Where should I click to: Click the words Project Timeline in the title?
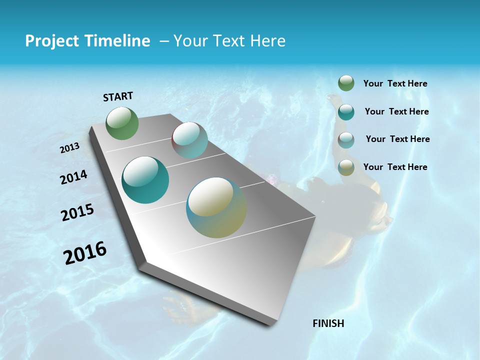click(87, 41)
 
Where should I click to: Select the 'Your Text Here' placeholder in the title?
click(229, 41)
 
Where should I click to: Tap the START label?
click(118, 96)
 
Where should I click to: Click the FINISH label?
click(328, 323)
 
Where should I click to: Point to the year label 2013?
click(70, 148)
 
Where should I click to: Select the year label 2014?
click(74, 177)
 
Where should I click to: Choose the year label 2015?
click(77, 212)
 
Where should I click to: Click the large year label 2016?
click(85, 253)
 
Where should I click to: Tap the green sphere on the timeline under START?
click(122, 123)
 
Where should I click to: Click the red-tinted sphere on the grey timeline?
click(189, 140)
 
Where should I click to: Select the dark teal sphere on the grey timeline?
click(145, 180)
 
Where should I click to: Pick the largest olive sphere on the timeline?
click(216, 207)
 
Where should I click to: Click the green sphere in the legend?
click(346, 83)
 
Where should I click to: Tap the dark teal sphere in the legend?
click(346, 112)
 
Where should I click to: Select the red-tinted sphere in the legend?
click(346, 140)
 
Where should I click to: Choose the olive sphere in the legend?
click(346, 168)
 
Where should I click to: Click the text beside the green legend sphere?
click(395, 84)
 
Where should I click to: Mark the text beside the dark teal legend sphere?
click(396, 111)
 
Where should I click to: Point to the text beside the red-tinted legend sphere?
click(397, 139)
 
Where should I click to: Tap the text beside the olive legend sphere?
click(395, 167)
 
